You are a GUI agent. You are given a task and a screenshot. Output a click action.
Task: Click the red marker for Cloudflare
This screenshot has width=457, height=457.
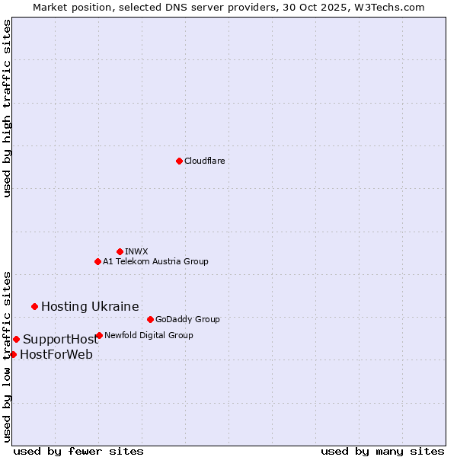point(179,161)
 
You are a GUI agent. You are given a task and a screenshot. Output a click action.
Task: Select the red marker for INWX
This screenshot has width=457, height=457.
point(120,251)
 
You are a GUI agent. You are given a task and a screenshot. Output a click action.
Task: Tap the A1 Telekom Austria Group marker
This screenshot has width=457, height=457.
point(97,261)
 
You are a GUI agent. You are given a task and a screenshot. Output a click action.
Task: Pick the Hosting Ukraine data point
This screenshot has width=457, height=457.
point(34,306)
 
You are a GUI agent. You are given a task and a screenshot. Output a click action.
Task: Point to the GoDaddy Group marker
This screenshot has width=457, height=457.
point(150,319)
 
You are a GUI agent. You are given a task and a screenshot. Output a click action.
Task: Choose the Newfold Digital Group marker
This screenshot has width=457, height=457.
point(99,335)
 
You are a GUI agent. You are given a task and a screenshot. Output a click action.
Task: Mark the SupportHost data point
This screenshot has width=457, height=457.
point(16,339)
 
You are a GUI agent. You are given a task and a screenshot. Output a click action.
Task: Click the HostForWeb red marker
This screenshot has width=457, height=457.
point(13,354)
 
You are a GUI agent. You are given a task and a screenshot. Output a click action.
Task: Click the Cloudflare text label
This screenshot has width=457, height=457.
point(204,161)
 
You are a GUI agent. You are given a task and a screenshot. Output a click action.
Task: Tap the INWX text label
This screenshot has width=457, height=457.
point(136,251)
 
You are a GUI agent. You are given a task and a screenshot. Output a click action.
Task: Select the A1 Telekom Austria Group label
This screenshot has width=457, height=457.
point(155,261)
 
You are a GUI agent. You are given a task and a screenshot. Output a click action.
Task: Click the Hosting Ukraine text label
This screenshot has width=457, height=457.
point(90,306)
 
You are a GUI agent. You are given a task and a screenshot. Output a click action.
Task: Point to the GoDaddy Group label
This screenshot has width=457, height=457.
point(187,319)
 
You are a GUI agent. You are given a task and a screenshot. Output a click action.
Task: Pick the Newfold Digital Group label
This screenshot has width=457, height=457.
point(149,335)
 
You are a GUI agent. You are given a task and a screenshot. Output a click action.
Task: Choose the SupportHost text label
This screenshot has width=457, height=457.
point(60,339)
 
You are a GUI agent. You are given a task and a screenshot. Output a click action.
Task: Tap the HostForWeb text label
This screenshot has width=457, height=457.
point(56,354)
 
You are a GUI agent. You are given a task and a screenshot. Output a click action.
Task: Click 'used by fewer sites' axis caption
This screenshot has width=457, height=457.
point(78,451)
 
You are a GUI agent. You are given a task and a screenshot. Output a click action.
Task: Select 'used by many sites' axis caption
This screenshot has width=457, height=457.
point(382,451)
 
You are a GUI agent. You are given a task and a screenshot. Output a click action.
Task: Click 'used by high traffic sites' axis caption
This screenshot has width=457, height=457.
point(7,109)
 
